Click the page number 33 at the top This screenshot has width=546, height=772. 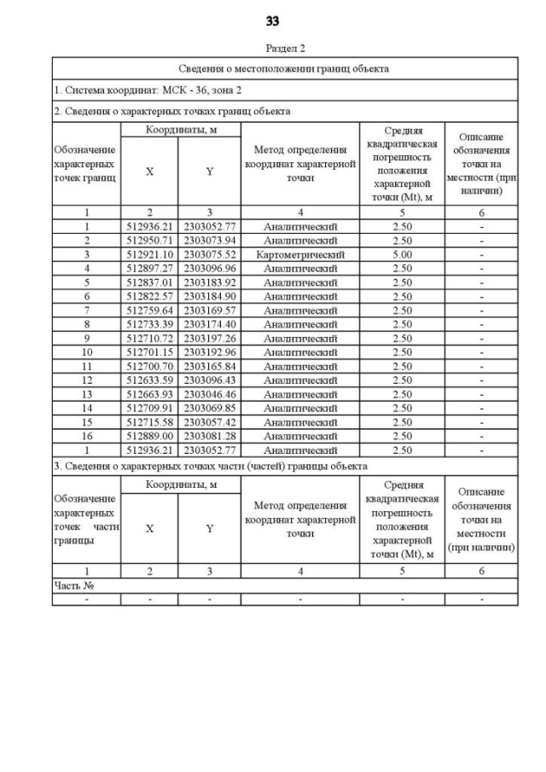[273, 20]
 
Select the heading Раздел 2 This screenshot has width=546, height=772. [285, 49]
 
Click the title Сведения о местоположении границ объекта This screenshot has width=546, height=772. [284, 68]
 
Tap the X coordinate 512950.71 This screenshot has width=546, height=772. [149, 241]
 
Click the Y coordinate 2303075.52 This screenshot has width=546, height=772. [209, 254]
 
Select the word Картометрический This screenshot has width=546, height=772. [300, 254]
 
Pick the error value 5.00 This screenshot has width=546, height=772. [402, 254]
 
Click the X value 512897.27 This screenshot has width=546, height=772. [149, 269]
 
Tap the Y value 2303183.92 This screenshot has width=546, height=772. [209, 282]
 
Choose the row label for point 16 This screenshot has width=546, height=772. [86, 436]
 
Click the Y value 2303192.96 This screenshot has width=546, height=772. [209, 352]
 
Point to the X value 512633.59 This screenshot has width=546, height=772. [149, 380]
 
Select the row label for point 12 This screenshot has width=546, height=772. [86, 380]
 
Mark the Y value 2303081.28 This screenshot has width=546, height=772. [209, 436]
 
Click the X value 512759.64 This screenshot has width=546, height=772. [149, 311]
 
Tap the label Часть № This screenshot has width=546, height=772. [73, 586]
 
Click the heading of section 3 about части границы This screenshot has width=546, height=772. [211, 466]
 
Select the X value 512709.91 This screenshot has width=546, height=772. [149, 408]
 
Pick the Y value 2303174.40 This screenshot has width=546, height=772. [209, 324]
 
